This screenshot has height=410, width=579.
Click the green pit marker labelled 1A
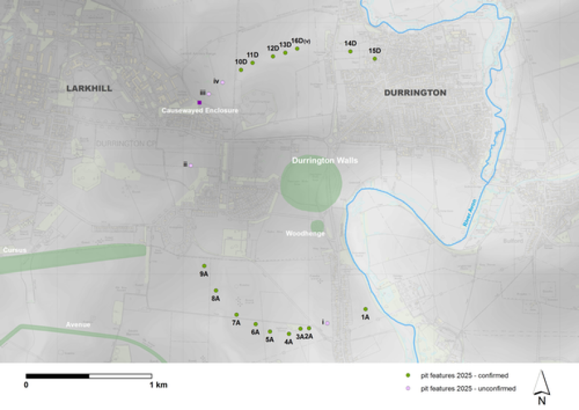coord(365,309)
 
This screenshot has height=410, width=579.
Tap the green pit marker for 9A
coord(204,266)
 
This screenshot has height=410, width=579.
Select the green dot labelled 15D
coord(375,58)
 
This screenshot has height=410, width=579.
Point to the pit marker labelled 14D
coord(350,51)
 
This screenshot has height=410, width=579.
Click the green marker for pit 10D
coord(241,70)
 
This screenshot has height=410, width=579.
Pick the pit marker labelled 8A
coord(216,290)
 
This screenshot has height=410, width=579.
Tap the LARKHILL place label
coord(89,88)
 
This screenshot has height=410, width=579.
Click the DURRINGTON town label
coord(415,93)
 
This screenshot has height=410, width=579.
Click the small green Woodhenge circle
coord(317,225)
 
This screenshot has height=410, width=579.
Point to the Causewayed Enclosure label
coord(200,111)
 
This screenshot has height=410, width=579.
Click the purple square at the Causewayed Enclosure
coord(200,102)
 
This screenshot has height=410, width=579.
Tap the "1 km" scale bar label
coord(158,384)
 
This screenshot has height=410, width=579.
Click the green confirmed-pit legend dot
coord(407,375)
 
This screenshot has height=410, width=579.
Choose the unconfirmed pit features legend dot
coord(407,388)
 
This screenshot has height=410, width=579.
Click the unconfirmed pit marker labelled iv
coord(222,82)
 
